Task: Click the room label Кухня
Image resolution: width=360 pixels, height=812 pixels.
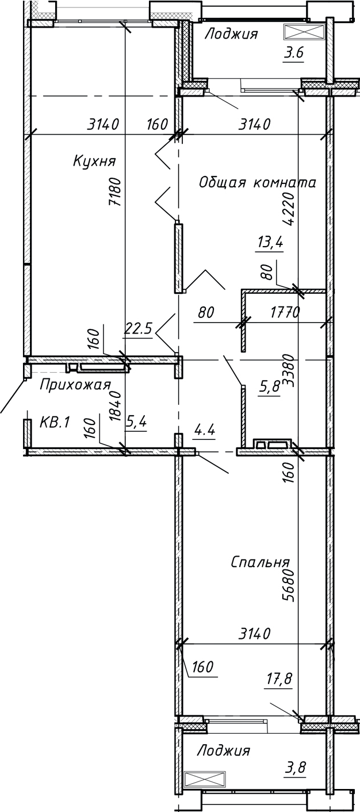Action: tap(94, 161)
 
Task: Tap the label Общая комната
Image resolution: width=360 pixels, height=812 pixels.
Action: tap(258, 183)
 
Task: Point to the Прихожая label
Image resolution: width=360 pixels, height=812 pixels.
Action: tap(74, 385)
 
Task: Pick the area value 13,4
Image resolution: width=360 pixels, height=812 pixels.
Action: tap(270, 243)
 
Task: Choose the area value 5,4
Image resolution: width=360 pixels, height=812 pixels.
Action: tap(136, 423)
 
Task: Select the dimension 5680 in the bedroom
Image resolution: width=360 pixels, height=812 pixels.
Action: tap(289, 585)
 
